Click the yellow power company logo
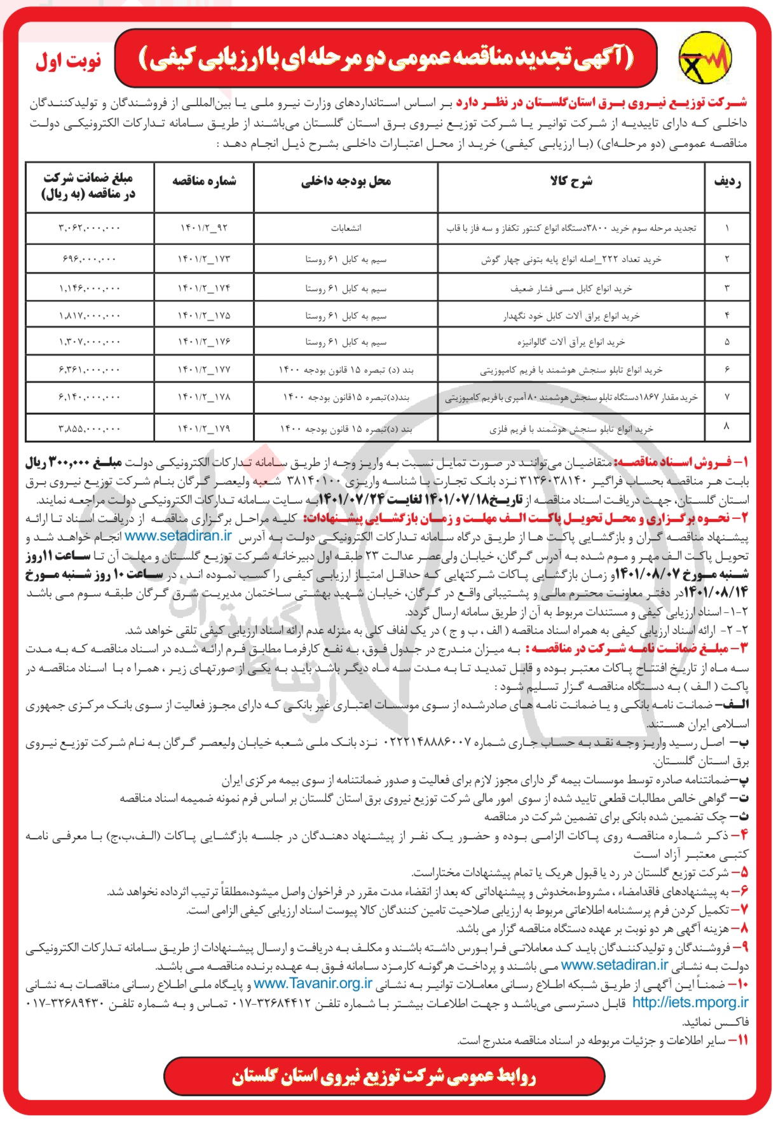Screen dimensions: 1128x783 click(706, 58)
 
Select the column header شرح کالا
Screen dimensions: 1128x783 click(571, 182)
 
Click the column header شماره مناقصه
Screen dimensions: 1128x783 click(204, 182)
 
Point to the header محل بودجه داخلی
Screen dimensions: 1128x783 click(346, 182)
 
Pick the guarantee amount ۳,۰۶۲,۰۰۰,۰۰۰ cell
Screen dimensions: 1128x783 click(89, 228)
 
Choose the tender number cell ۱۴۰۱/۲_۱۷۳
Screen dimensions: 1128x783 click(204, 259)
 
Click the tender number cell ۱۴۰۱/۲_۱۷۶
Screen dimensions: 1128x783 click(204, 342)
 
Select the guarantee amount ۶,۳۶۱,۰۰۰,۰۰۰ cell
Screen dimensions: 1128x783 click(89, 369)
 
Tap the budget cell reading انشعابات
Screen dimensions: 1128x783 click(346, 228)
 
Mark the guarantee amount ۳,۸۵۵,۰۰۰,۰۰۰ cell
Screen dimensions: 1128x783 click(89, 429)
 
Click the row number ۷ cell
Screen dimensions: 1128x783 click(727, 397)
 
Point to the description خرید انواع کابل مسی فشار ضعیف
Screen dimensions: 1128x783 click(571, 288)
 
